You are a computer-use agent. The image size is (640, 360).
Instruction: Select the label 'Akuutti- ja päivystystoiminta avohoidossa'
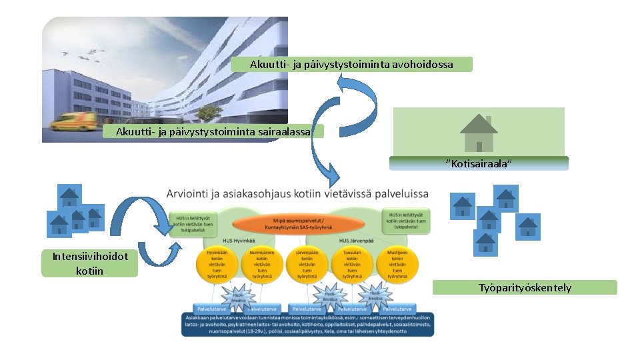pos(351,65)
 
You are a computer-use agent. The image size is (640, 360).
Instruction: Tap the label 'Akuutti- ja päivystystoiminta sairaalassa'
pos(213,131)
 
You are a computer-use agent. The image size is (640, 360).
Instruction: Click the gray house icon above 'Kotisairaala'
pos(479,133)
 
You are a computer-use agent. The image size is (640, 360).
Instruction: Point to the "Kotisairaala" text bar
pos(479,163)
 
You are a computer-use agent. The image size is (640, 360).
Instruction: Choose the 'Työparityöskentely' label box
pos(525,288)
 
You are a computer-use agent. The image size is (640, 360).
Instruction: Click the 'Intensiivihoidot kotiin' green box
pos(89,263)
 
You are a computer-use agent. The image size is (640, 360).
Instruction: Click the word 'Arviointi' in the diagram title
pos(189,194)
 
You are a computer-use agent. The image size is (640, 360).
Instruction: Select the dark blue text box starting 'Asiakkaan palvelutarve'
pos(307,325)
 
